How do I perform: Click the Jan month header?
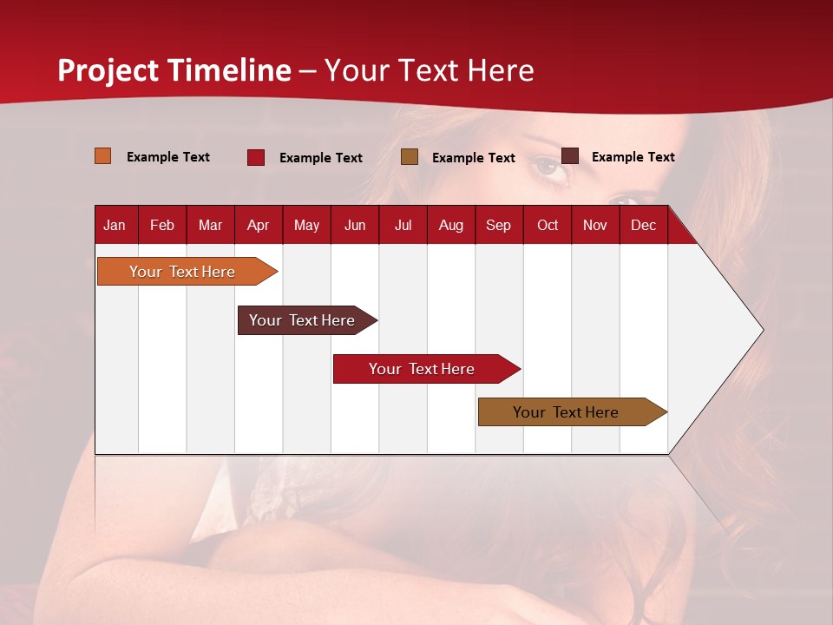115,225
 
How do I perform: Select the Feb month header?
162,225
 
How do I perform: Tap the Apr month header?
258,225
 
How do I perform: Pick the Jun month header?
355,225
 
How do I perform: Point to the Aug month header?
451,225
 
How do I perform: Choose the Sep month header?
498,225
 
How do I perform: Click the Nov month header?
595,225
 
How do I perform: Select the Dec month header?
643,225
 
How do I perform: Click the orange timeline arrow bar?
183,272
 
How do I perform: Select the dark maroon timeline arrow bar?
303,320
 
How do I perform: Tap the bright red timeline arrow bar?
423,369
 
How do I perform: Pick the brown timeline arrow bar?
567,412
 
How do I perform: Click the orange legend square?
103,156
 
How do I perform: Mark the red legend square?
256,157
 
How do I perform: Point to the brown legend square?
410,157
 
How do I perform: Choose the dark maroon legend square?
570,156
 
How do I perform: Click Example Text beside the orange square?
168,157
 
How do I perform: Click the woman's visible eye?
549,167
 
